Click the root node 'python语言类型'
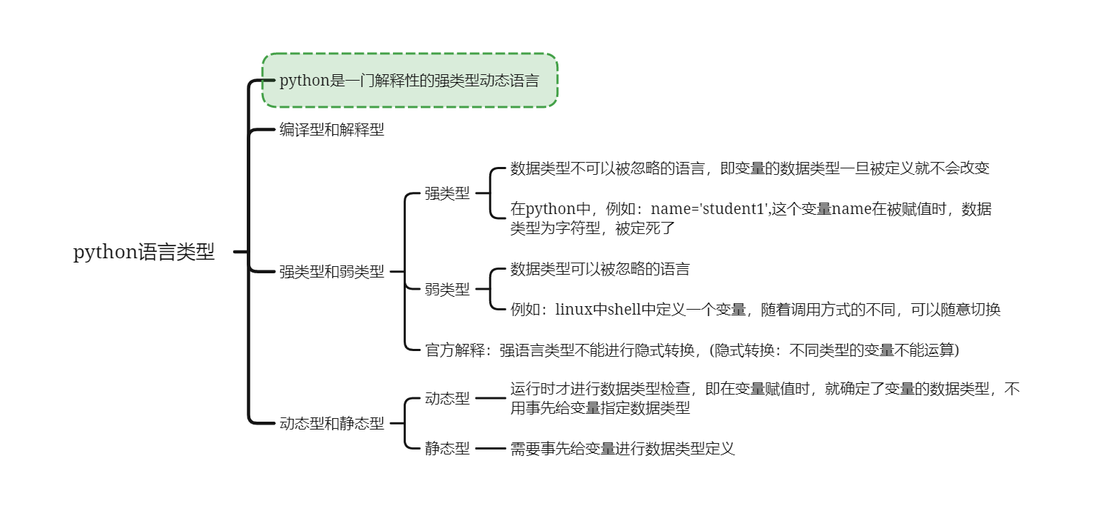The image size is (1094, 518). point(144,253)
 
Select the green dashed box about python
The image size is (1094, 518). point(409,80)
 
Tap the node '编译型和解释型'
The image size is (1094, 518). point(332,130)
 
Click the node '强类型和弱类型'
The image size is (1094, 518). point(332,272)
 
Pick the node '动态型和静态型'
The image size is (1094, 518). point(332,423)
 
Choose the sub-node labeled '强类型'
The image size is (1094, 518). point(447,193)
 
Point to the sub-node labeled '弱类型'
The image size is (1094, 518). point(447,289)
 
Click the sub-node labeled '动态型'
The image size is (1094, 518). point(447,398)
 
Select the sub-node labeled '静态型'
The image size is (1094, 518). point(447,448)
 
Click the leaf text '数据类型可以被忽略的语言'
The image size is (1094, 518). point(600,269)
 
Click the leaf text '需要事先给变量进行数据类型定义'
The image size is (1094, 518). point(623,448)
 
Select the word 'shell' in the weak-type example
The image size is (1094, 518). point(625,310)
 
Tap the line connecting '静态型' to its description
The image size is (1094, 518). point(490,448)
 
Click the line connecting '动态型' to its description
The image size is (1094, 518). point(490,398)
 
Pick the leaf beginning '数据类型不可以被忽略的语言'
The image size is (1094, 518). point(750,168)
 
